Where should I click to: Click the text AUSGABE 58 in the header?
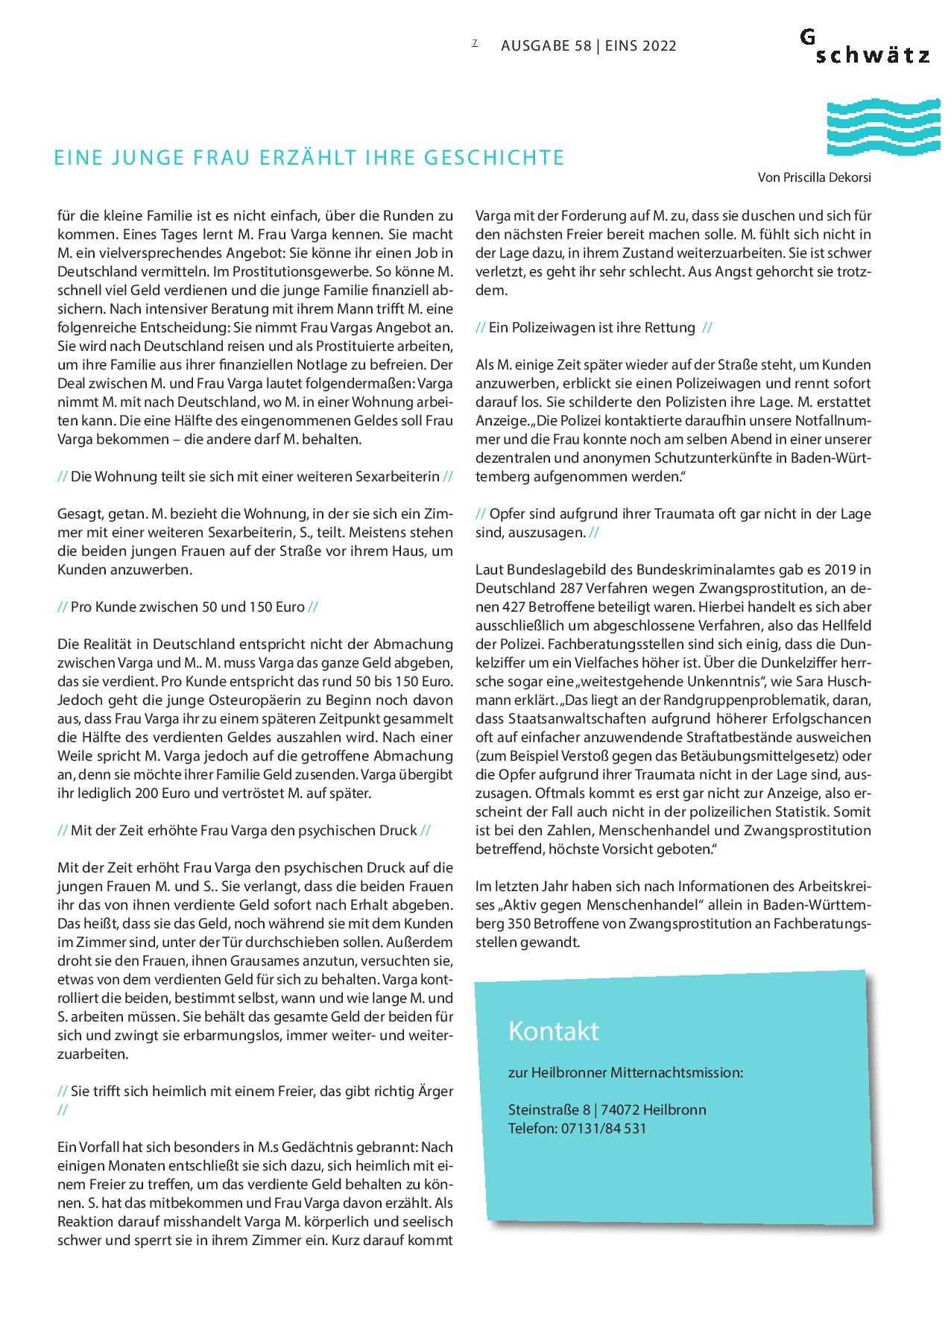(x=546, y=46)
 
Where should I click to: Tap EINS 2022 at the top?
(x=640, y=46)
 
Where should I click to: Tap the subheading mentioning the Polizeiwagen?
(x=593, y=327)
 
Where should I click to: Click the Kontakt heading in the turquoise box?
(x=553, y=1031)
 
